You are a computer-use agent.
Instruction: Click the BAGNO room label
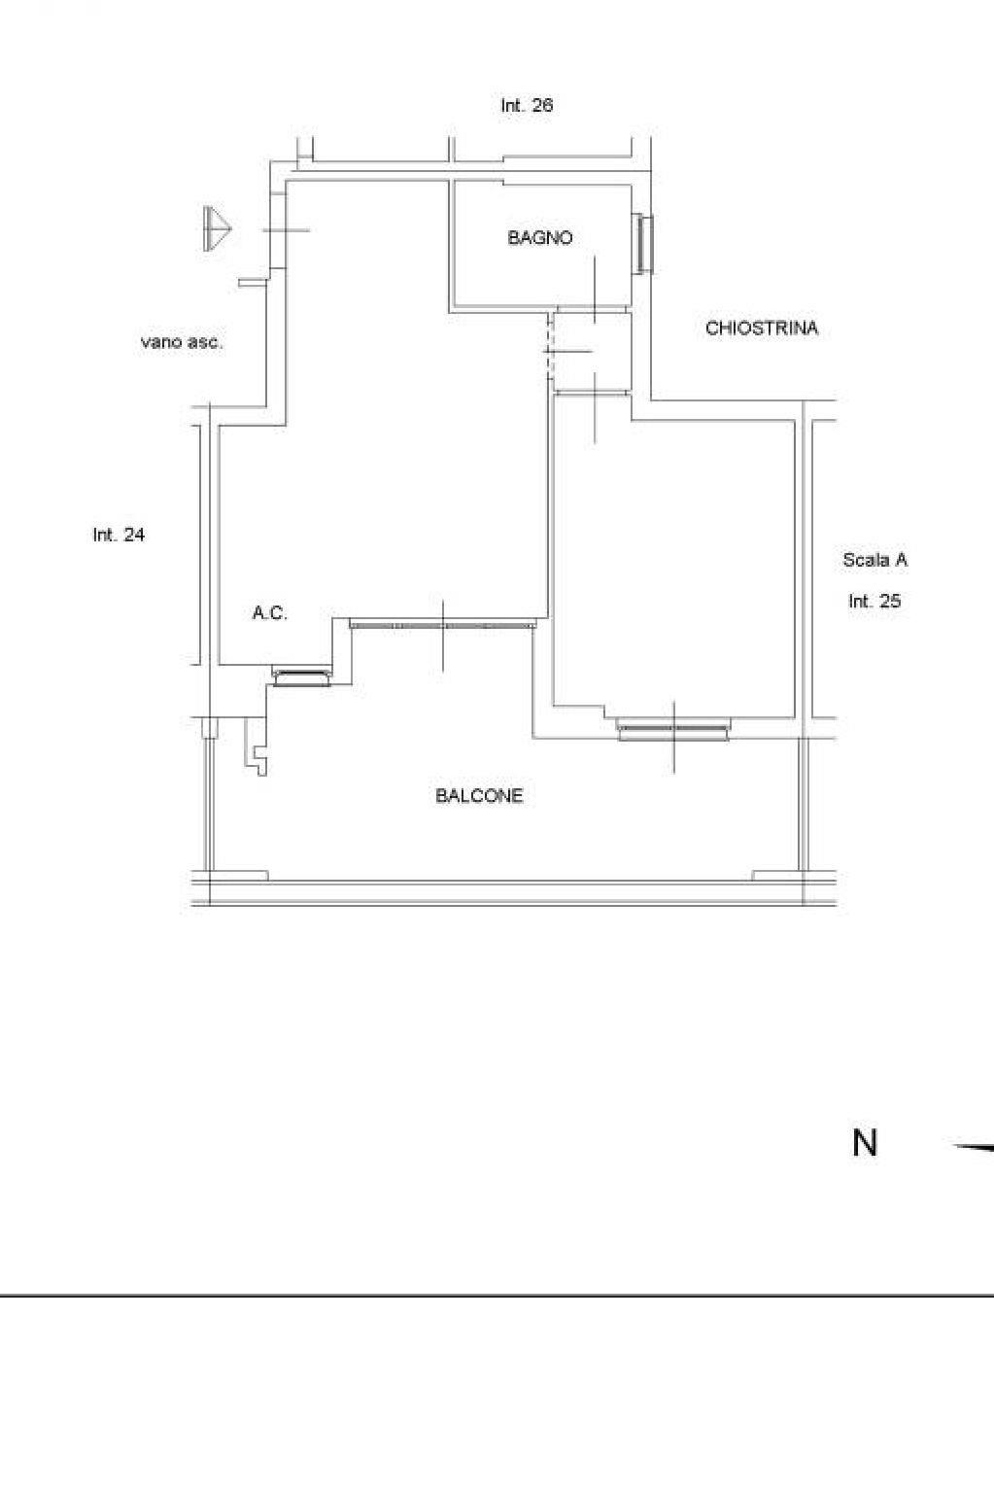540,238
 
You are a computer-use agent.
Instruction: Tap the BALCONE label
479,796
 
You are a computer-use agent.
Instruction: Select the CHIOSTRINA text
762,328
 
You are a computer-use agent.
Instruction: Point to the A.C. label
270,612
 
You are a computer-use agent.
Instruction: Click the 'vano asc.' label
182,343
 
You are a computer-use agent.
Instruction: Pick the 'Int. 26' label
527,105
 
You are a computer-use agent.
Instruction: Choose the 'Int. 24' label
119,535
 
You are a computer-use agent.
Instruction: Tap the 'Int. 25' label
874,602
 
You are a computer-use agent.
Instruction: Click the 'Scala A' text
874,560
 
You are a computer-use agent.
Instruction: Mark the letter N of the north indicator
865,1143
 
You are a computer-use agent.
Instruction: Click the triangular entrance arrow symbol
217,228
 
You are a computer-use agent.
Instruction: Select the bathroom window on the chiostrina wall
645,244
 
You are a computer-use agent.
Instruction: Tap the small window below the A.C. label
301,678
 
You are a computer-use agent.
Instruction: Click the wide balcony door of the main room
443,624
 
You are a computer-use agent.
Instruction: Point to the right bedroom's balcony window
673,729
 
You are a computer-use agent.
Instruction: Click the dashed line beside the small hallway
551,346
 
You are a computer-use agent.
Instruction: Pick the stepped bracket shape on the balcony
257,746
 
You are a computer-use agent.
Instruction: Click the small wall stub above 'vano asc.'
253,283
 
